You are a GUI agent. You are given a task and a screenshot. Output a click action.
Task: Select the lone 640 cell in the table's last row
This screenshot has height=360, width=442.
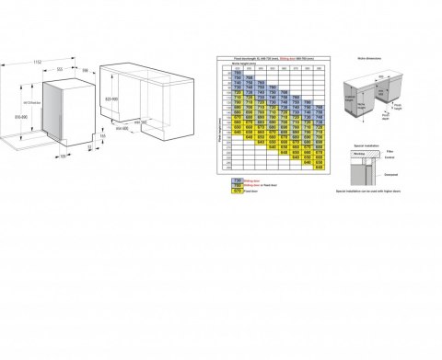[x=319, y=168]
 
